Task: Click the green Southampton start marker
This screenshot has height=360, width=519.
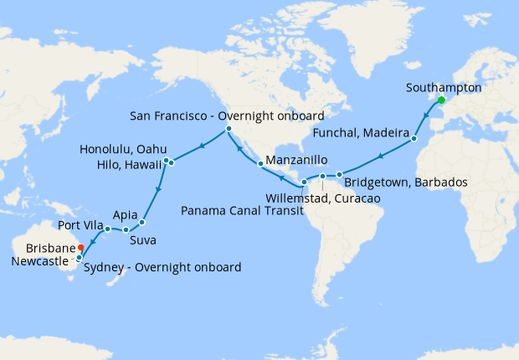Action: (441, 100)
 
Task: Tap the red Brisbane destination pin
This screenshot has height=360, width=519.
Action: (80, 248)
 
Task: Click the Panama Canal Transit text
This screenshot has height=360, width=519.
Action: (238, 210)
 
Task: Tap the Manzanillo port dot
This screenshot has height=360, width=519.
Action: (260, 163)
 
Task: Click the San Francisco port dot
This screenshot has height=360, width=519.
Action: (229, 129)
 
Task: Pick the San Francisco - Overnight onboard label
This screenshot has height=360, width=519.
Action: (227, 114)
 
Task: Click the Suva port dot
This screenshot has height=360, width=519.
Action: (142, 223)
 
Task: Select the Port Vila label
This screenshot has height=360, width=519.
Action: (82, 226)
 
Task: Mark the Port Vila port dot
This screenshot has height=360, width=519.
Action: (108, 229)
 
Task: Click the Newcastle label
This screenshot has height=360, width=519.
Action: (37, 260)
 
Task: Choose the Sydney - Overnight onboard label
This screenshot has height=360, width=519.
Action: (162, 267)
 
